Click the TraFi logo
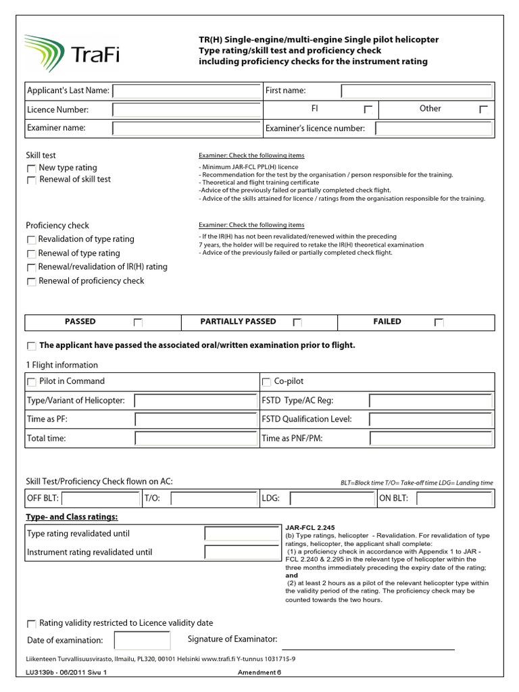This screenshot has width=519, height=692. tap(72, 52)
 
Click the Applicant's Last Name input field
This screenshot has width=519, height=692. tap(187, 91)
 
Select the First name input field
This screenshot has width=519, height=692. tap(416, 91)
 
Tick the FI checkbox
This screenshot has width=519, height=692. tap(368, 109)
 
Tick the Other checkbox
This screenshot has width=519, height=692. tap(483, 109)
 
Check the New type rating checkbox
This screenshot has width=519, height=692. tap(31, 168)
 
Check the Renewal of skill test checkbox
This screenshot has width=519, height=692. tap(31, 180)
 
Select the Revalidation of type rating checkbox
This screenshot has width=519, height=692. tap(31, 240)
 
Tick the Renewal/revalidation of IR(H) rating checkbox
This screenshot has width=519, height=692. tap(31, 268)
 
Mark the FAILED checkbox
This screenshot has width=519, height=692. tap(439, 323)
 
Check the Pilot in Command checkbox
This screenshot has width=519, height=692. tap(31, 382)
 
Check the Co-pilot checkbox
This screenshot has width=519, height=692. tap(266, 382)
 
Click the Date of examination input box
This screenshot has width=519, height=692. tap(142, 640)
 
